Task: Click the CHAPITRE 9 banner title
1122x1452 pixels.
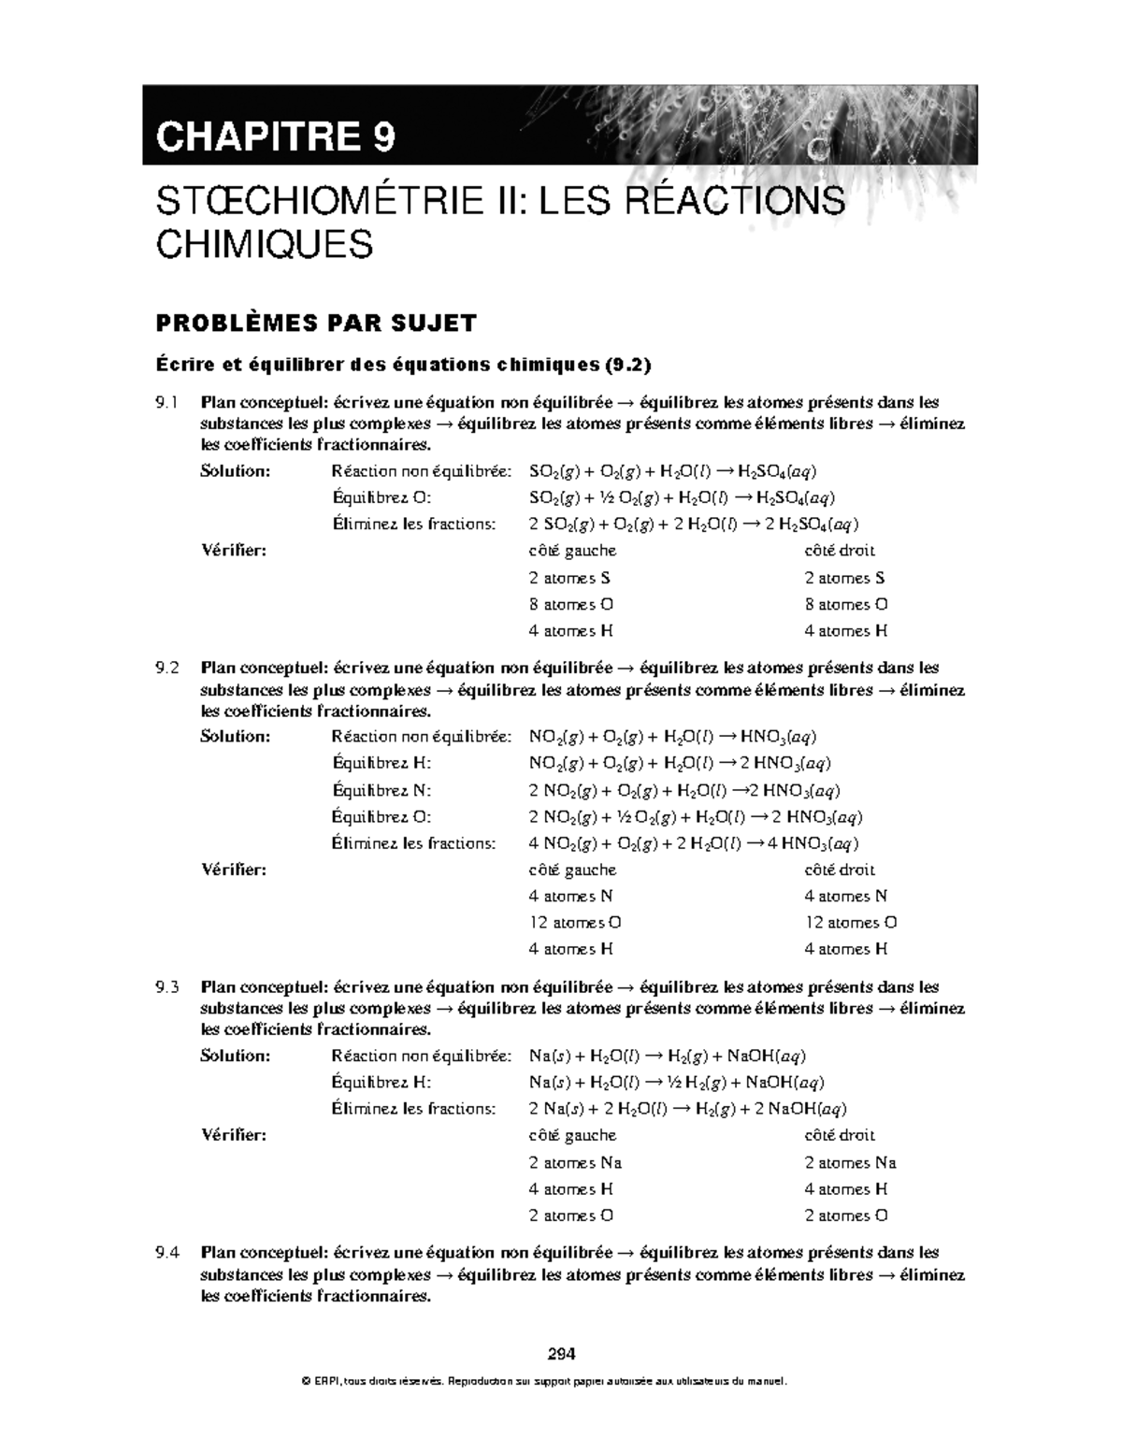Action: pyautogui.click(x=276, y=137)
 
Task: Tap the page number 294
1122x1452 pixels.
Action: pyautogui.click(x=560, y=1353)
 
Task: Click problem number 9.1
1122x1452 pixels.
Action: pyautogui.click(x=166, y=403)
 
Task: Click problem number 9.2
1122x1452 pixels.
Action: pyautogui.click(x=166, y=668)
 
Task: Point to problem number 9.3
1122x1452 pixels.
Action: pyautogui.click(x=166, y=987)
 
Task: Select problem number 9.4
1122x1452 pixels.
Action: pyautogui.click(x=166, y=1253)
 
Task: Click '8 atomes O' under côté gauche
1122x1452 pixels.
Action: pyautogui.click(x=570, y=604)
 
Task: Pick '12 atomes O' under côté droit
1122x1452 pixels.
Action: pyautogui.click(x=850, y=923)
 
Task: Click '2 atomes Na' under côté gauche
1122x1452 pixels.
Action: pyautogui.click(x=574, y=1163)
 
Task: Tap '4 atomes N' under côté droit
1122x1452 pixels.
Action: pyautogui.click(x=845, y=896)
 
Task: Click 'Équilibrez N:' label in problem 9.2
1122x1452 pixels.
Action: pyautogui.click(x=381, y=790)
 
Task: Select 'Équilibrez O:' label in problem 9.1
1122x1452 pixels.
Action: pyautogui.click(x=381, y=497)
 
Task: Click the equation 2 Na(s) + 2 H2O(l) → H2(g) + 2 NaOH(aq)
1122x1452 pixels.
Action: pyautogui.click(x=687, y=1110)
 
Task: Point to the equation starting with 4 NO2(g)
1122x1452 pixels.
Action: pyautogui.click(x=693, y=844)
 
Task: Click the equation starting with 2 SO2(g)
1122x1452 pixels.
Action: pyautogui.click(x=693, y=525)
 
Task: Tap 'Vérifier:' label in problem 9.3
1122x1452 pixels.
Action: pyautogui.click(x=234, y=1135)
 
